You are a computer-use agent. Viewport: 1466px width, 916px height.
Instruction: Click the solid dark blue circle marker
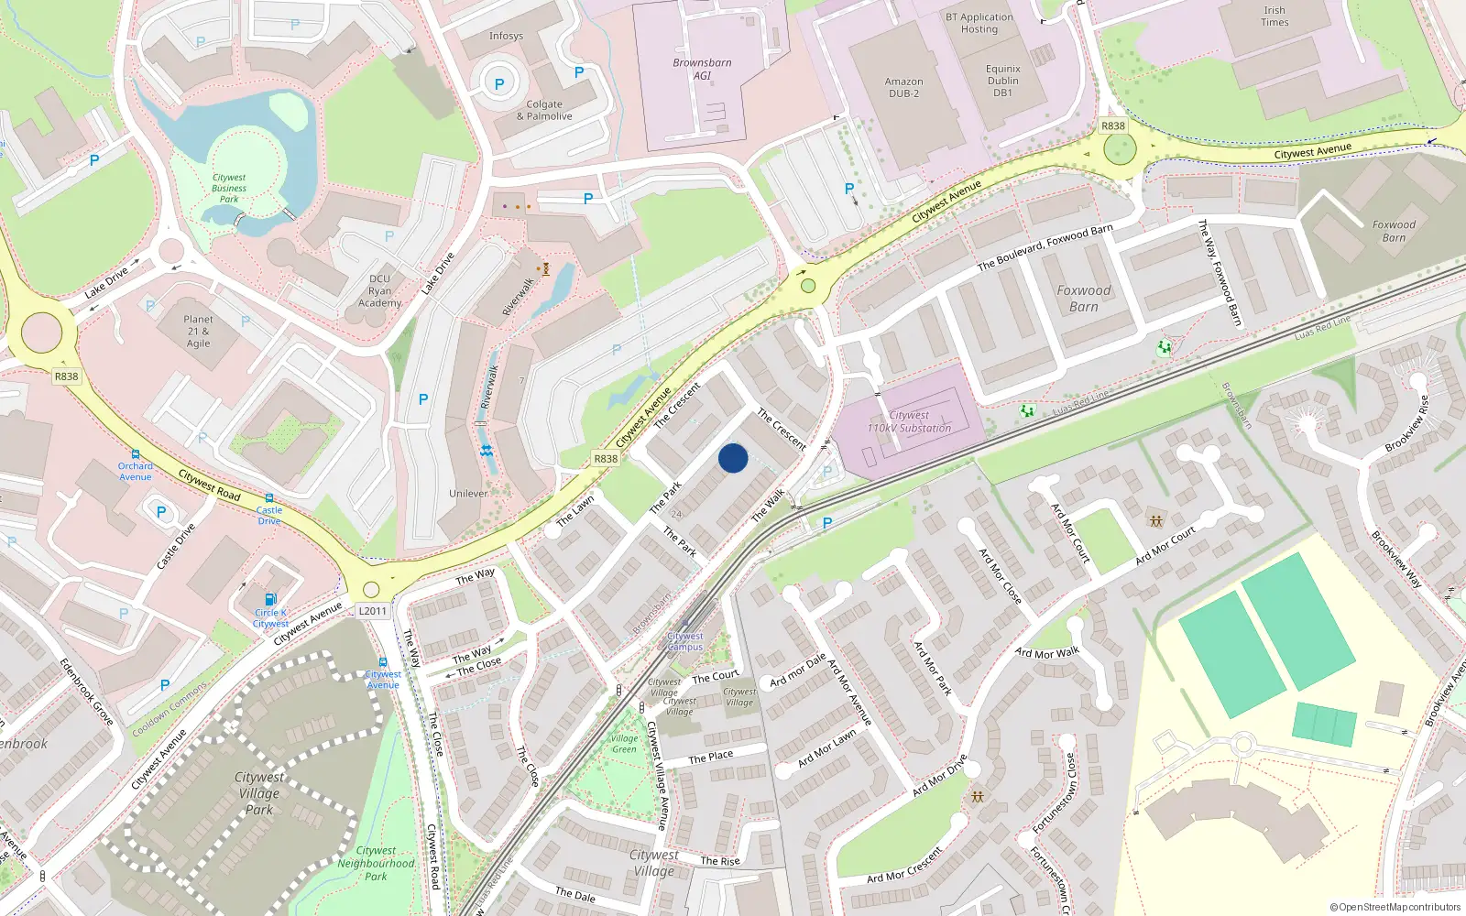733,458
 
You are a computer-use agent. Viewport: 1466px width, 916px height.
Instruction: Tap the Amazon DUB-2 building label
903,87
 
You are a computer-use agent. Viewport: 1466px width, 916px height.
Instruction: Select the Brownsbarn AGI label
702,70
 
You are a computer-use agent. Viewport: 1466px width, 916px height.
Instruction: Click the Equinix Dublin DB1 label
1002,81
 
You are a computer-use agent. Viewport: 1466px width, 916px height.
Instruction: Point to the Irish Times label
1275,16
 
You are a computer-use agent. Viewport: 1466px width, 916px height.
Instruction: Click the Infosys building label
506,37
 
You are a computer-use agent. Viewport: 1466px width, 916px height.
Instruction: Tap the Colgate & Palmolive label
544,111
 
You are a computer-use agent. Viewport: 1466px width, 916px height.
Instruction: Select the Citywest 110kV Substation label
909,421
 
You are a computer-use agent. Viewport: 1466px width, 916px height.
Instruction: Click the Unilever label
468,494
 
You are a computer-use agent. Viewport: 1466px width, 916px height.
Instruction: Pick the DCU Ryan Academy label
379,291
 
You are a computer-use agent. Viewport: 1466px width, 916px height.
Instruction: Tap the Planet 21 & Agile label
198,332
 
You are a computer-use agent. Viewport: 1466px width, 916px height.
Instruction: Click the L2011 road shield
373,611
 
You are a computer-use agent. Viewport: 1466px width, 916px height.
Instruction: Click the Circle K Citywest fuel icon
270,600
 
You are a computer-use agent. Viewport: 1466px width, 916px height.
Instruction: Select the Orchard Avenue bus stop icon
136,454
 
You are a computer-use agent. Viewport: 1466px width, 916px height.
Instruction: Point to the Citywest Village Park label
259,793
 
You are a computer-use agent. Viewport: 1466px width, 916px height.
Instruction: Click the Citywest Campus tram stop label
685,641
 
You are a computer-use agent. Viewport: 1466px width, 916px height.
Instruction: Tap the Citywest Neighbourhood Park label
376,864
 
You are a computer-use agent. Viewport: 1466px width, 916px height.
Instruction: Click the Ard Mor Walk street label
1047,653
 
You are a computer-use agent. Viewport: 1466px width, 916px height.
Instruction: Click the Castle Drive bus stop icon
269,498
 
